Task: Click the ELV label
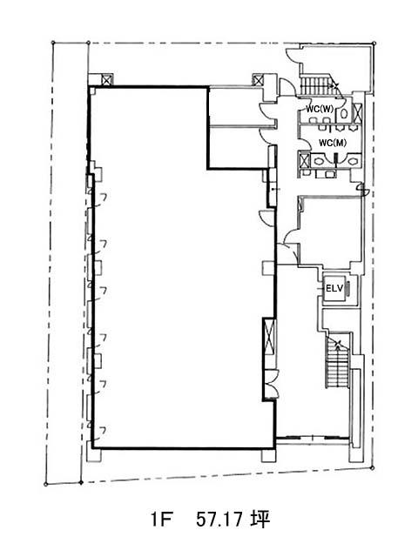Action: [x=334, y=288]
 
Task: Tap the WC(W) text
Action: [x=320, y=110]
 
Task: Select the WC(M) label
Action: [x=333, y=143]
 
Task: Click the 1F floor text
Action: [x=162, y=520]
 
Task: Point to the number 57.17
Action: [x=219, y=520]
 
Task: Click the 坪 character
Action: [x=260, y=520]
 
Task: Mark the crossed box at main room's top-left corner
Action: [x=106, y=80]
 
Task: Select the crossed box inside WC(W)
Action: [x=358, y=113]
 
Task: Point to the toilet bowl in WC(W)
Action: [x=344, y=113]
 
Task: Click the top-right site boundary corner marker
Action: [x=374, y=44]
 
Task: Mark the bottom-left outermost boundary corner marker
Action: [x=45, y=484]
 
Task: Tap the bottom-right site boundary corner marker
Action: [x=372, y=468]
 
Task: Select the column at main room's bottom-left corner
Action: [x=94, y=455]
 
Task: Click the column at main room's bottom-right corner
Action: [x=269, y=456]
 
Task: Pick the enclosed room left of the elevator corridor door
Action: [x=331, y=231]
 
